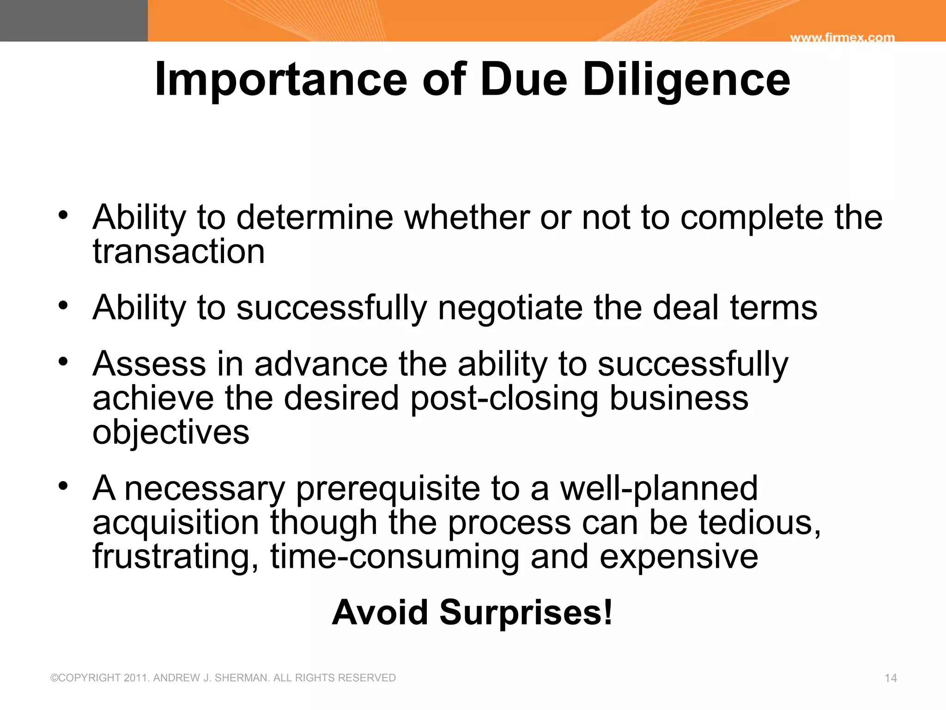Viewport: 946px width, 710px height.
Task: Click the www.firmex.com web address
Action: (842, 38)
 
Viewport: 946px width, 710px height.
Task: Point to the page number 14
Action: (891, 678)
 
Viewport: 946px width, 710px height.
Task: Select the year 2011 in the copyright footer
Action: (136, 678)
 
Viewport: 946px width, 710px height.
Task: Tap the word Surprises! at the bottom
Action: (526, 612)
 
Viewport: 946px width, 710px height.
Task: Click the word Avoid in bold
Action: (380, 612)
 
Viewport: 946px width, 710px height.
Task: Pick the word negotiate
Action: (510, 308)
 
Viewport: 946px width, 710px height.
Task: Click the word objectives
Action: (171, 433)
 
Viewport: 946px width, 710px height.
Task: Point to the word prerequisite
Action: (388, 489)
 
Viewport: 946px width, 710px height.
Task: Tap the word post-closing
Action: (504, 398)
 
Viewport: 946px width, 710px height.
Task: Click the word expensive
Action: (679, 557)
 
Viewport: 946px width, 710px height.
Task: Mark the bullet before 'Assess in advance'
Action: (63, 361)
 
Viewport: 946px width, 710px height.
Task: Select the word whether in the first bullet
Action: (467, 217)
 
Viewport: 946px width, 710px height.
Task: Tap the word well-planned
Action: (659, 489)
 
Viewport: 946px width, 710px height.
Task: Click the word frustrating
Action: (175, 557)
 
